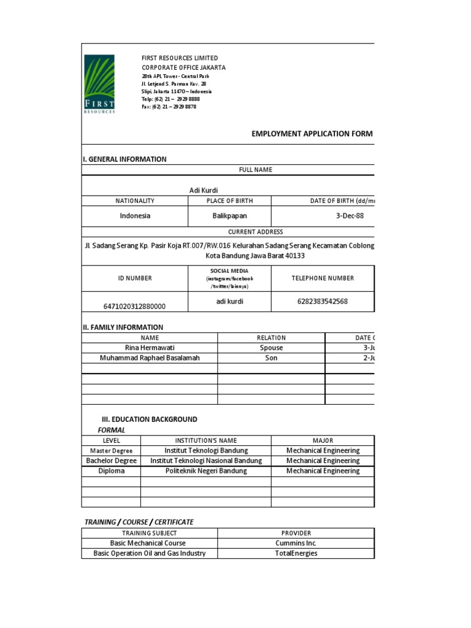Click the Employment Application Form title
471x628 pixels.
312,134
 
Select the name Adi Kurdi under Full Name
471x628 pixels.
203,191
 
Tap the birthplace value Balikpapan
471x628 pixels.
229,216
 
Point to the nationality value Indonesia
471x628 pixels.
135,216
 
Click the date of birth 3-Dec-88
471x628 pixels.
350,216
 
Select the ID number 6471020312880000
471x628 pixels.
135,306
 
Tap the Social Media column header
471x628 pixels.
229,278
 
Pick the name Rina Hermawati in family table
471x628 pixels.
150,348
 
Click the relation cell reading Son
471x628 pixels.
271,358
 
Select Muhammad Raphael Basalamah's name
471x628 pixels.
150,358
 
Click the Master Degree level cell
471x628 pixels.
111,450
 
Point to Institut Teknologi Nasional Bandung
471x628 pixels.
205,461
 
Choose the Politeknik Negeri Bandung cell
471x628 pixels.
206,471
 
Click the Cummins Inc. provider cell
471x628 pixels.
296,543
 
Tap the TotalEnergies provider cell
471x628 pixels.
296,553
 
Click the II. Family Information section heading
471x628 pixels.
123,327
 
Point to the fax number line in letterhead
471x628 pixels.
169,107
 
